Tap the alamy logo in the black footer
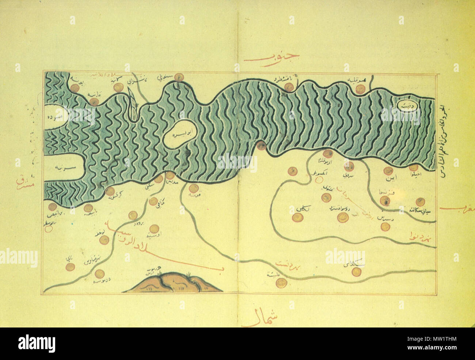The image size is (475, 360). click(x=37, y=343)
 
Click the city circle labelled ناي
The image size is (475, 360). click(x=71, y=267)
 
